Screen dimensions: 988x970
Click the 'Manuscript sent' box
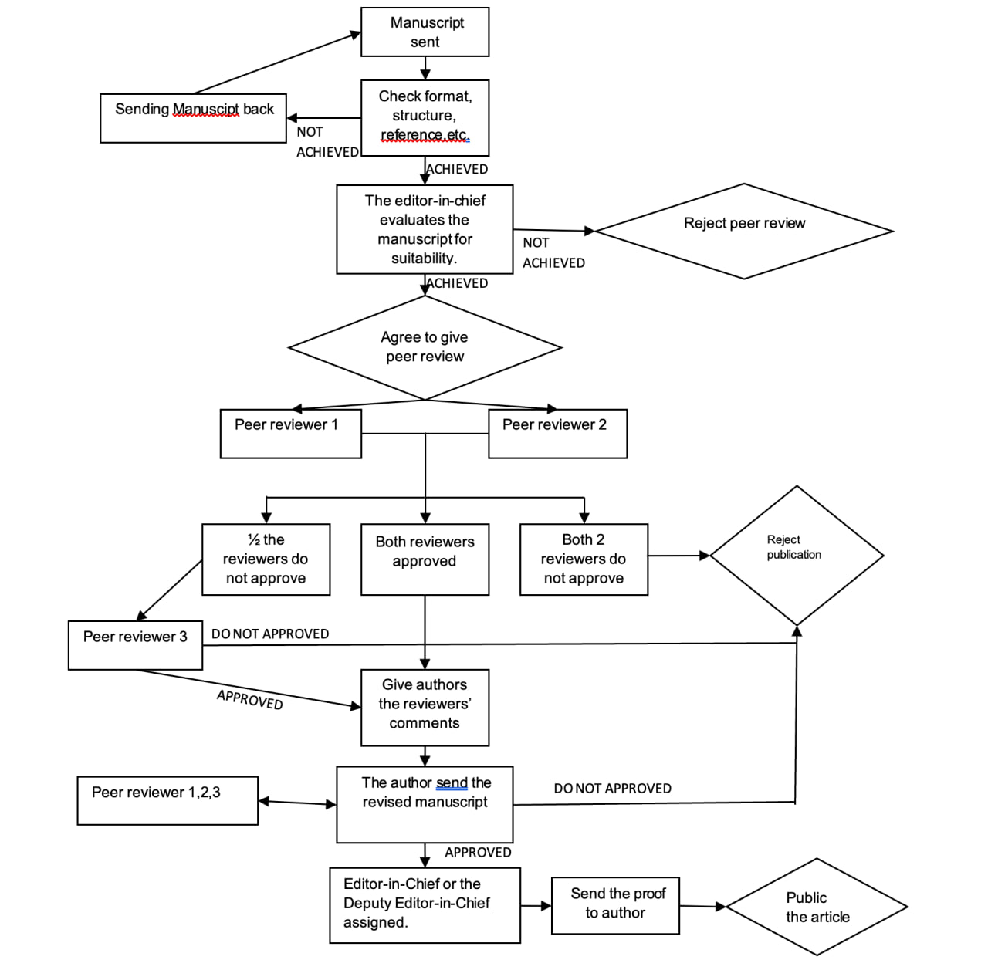[x=425, y=32]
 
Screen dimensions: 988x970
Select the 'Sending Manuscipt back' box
[x=193, y=118]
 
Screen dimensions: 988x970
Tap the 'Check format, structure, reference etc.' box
[x=425, y=118]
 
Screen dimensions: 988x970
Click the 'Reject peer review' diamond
[x=744, y=232]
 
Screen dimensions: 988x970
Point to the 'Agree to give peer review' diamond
[x=425, y=347]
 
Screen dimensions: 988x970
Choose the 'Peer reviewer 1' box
[x=291, y=434]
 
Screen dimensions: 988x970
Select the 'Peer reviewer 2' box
[x=558, y=434]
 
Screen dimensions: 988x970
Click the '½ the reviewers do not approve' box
[x=266, y=559]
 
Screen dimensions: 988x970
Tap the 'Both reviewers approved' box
[x=425, y=559]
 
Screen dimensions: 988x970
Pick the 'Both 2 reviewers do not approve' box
[x=584, y=559]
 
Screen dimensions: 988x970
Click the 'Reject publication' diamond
[x=797, y=556]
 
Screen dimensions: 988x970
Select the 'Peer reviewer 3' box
[x=135, y=645]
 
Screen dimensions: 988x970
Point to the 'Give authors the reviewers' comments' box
[x=425, y=708]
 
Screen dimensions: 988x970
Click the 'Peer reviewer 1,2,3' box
[x=167, y=800]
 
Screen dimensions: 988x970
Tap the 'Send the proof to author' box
[x=615, y=905]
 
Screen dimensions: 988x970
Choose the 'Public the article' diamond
[x=817, y=907]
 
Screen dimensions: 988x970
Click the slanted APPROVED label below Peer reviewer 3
[x=249, y=699]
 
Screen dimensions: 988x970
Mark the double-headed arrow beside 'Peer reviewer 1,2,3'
[x=297, y=803]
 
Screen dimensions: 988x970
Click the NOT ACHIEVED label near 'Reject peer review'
[x=553, y=253]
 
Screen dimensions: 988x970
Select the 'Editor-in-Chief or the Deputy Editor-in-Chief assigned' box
[x=425, y=905]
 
